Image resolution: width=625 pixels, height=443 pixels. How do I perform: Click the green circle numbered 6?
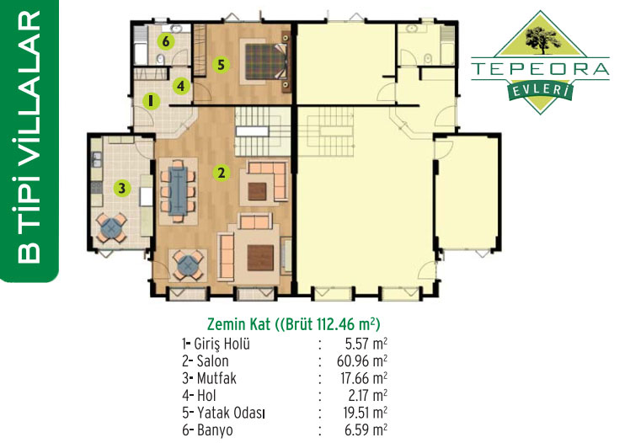tap(166, 41)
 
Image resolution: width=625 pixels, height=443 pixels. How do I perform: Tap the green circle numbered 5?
tap(222, 65)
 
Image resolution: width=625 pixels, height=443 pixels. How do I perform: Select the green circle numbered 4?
tap(181, 86)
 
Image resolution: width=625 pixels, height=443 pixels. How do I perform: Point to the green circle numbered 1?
tap(151, 100)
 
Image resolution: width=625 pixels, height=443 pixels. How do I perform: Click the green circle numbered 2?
tap(222, 173)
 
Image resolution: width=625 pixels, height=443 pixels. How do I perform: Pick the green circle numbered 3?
tap(122, 188)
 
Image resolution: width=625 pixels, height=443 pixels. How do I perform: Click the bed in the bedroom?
tap(266, 61)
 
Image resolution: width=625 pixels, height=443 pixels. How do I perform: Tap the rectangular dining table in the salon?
tap(178, 191)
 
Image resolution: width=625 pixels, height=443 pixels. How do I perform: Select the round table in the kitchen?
tap(112, 228)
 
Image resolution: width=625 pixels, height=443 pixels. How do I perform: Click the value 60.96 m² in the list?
tap(362, 361)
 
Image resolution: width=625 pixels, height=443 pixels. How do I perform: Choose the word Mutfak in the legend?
tap(216, 378)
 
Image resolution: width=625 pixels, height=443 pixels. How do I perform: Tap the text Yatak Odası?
tap(231, 414)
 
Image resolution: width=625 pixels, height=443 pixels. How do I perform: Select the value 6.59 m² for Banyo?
tap(366, 430)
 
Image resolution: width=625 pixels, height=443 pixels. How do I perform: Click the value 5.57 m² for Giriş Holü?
tap(366, 344)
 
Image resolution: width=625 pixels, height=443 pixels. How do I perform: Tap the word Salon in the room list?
tap(213, 361)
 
